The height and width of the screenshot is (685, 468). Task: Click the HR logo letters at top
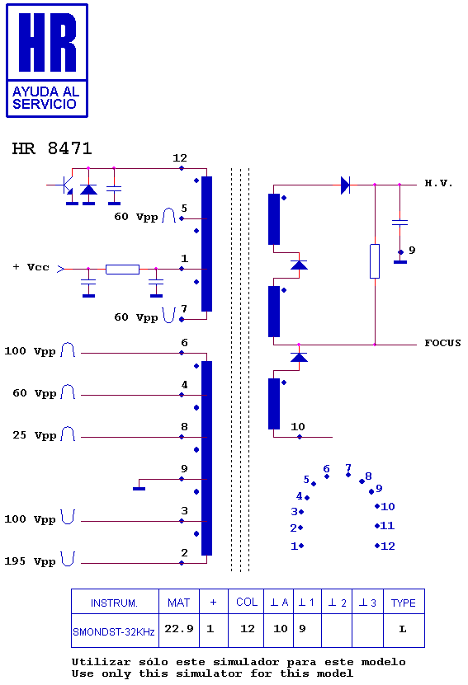(47, 42)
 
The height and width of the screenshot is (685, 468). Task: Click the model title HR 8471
(52, 148)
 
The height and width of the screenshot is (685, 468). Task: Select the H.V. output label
(438, 183)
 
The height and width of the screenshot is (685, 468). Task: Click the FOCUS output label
(442, 343)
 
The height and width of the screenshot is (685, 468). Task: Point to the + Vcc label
(31, 267)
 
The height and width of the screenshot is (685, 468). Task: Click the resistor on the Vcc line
(122, 269)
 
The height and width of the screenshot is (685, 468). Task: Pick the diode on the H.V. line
(345, 185)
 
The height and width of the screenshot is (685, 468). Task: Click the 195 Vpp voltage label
(31, 561)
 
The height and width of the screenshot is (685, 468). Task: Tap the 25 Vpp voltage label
(35, 435)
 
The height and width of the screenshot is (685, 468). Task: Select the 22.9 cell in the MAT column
(179, 629)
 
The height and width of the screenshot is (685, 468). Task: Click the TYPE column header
(404, 603)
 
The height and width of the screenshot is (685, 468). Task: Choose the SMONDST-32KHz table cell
(114, 631)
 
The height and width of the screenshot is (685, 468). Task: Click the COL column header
(247, 602)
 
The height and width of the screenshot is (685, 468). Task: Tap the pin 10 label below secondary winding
(298, 426)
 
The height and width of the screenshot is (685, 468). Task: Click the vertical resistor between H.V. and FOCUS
(375, 261)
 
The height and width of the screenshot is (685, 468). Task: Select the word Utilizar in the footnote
(101, 662)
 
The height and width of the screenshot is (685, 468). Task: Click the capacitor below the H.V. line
(399, 223)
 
